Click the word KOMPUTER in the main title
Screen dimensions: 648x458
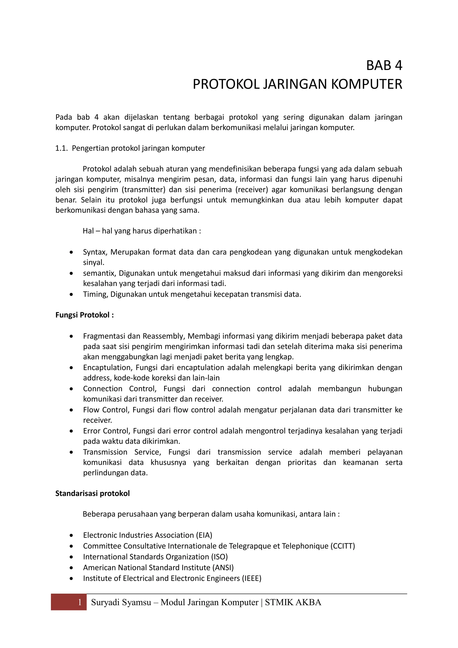(366, 84)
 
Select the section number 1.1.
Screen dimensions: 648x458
(61, 148)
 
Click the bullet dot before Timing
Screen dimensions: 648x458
(71, 294)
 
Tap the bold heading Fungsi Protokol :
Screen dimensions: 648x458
(84, 315)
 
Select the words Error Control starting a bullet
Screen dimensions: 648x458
(106, 431)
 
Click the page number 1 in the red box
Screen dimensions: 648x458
(80, 602)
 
